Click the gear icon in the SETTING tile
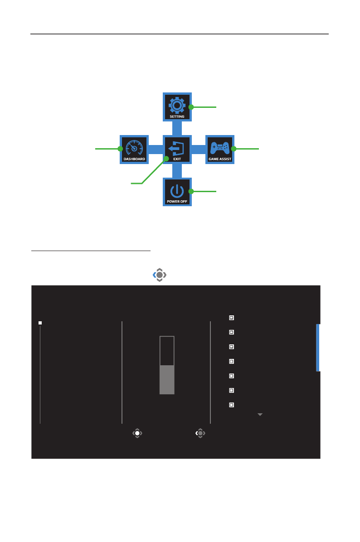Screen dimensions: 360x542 (177, 105)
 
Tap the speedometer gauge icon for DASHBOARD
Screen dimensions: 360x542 (134, 147)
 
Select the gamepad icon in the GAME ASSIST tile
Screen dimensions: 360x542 (219, 147)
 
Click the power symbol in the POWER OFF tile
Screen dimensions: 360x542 (177, 190)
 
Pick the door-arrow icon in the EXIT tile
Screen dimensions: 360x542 (177, 147)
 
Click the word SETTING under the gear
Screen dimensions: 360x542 (177, 116)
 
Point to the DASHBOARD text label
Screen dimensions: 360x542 (134, 159)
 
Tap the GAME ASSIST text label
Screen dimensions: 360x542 (219, 159)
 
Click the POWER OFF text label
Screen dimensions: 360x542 (177, 201)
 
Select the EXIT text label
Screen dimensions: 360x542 (177, 159)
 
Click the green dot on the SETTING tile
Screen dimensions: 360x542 (191, 107)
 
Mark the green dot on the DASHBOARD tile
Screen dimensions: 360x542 (120, 149)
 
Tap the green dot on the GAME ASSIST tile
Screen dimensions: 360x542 (234, 149)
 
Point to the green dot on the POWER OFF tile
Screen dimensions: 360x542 (191, 191)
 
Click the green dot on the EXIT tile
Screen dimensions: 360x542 (166, 159)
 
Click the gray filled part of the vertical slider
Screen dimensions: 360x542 (167, 380)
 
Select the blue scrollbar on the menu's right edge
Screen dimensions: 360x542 (318, 348)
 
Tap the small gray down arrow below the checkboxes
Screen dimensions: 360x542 (260, 415)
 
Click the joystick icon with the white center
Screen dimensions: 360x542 (137, 433)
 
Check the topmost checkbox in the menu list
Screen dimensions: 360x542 (231, 318)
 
